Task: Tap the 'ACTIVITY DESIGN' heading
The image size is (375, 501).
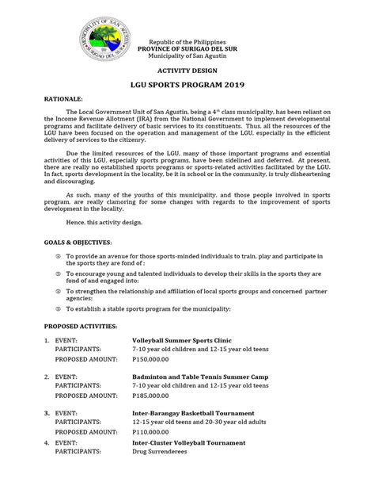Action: click(190, 70)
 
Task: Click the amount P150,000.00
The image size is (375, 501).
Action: click(155, 359)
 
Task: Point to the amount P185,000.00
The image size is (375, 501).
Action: click(155, 395)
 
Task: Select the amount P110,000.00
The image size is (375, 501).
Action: click(155, 432)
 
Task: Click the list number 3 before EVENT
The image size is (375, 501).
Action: click(47, 413)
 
